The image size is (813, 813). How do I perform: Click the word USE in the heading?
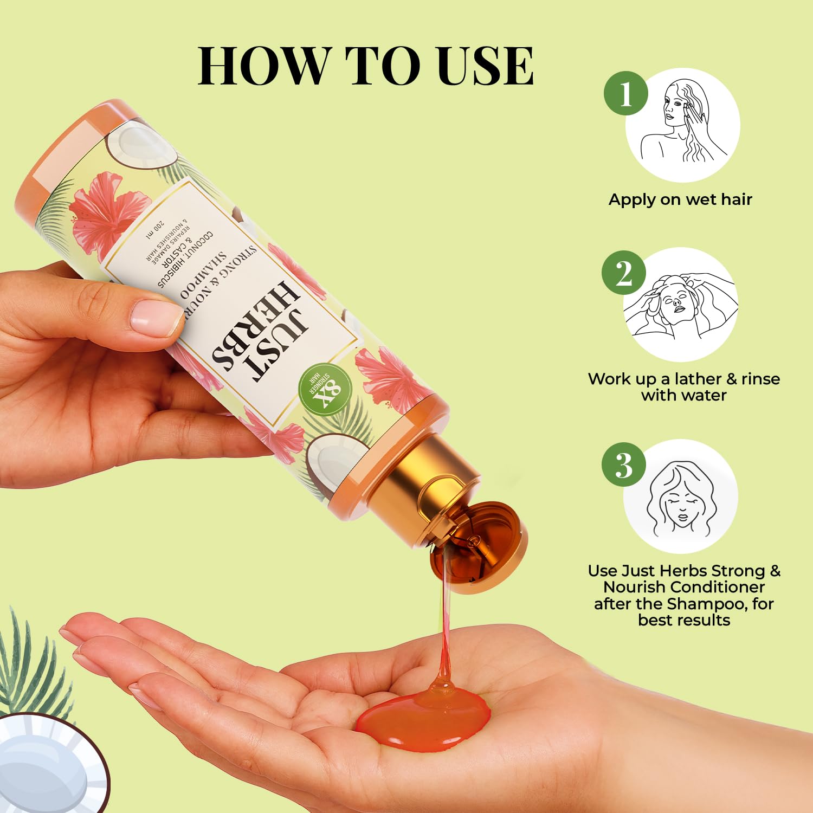(x=485, y=66)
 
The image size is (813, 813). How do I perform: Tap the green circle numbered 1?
(x=626, y=94)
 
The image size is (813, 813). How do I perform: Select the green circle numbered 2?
(x=624, y=273)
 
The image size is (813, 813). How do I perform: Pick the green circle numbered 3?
(x=624, y=465)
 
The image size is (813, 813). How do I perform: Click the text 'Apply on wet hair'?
(x=680, y=199)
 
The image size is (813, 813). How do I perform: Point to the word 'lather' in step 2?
(x=700, y=379)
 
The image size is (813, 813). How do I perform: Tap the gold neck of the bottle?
(x=428, y=477)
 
